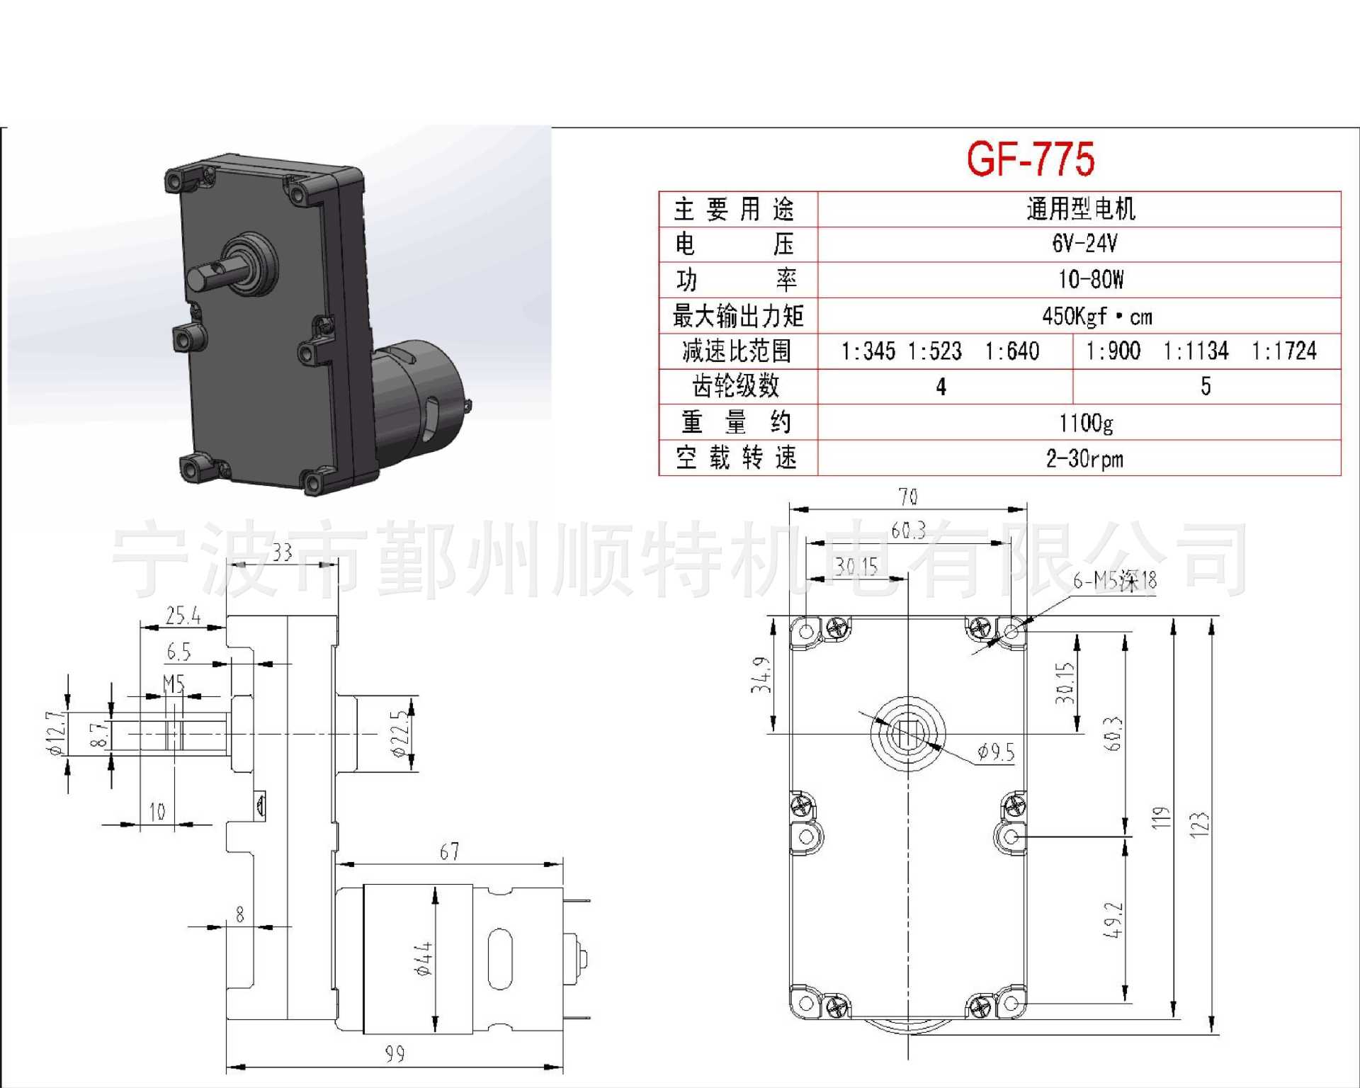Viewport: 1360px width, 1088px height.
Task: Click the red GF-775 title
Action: click(1031, 159)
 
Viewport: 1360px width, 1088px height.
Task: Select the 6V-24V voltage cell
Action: click(1084, 244)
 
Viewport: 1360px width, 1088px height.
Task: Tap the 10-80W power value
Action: click(1091, 280)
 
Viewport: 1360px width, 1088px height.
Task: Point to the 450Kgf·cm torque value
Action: click(1096, 316)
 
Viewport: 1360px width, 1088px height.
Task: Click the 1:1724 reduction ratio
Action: click(1283, 351)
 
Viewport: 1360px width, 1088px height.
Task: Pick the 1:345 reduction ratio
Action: click(868, 351)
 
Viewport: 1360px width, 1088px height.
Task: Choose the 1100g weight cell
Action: click(1086, 423)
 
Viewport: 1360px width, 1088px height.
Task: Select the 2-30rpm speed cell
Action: click(1084, 459)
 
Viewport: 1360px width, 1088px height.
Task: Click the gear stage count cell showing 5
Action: click(1206, 386)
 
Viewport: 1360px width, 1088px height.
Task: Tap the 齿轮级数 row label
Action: click(736, 386)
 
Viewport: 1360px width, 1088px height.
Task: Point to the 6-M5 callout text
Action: click(1114, 581)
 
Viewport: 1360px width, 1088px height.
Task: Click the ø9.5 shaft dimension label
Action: click(996, 752)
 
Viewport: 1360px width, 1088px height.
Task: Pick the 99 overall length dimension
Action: click(395, 1054)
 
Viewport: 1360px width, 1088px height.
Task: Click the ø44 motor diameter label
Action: click(423, 959)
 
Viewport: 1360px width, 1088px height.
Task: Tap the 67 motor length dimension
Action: click(449, 851)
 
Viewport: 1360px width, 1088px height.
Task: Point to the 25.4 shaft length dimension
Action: click(183, 616)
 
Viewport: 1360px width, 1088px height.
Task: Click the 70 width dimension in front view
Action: click(908, 497)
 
